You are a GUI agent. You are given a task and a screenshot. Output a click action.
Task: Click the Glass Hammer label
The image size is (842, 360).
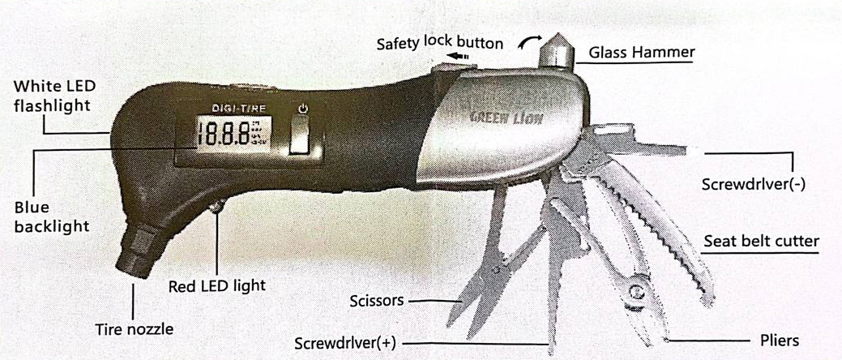click(642, 53)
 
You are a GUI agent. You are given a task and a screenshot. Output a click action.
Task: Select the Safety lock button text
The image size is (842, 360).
click(439, 41)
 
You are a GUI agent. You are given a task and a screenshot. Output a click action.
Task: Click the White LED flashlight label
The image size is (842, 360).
click(53, 95)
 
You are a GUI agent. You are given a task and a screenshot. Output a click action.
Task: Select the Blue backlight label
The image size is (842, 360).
click(50, 216)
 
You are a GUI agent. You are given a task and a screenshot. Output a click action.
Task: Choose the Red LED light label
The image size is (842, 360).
click(216, 285)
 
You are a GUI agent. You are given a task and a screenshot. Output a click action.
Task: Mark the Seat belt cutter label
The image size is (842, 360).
click(761, 241)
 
